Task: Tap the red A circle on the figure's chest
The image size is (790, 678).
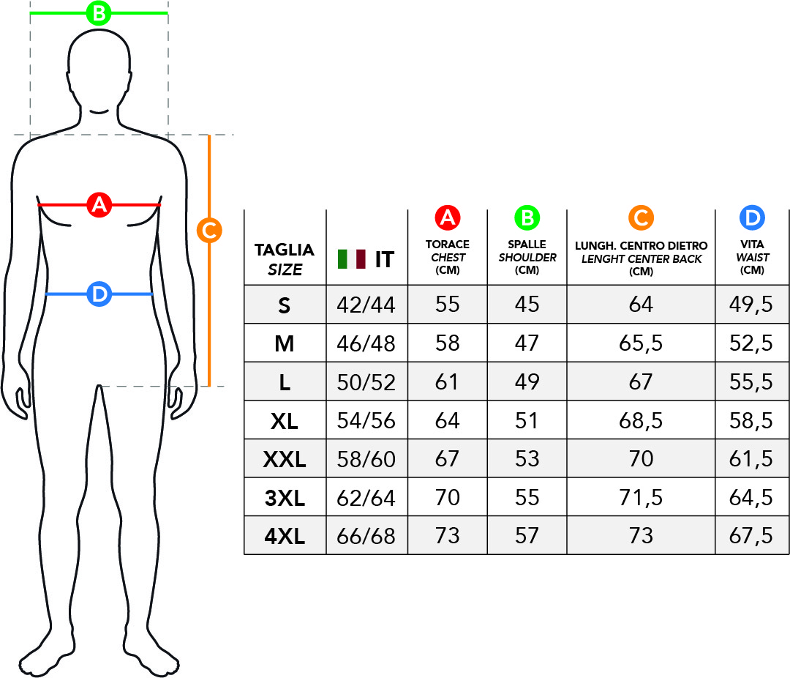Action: pyautogui.click(x=99, y=205)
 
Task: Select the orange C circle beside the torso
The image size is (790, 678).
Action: pyautogui.click(x=209, y=231)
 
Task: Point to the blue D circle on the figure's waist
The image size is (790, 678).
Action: pyautogui.click(x=99, y=294)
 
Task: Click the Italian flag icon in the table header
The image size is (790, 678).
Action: pyautogui.click(x=352, y=258)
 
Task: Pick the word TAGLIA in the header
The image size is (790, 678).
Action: pyautogui.click(x=285, y=250)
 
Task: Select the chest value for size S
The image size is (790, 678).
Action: pyautogui.click(x=447, y=305)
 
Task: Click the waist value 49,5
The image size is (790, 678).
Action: pyautogui.click(x=751, y=305)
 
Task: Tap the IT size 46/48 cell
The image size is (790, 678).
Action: pyautogui.click(x=366, y=343)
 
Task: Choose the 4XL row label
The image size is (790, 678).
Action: pyautogui.click(x=285, y=537)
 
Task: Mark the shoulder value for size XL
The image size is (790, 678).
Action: pyautogui.click(x=527, y=421)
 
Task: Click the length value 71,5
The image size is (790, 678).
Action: pyautogui.click(x=641, y=498)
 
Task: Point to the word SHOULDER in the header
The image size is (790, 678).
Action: pyautogui.click(x=527, y=258)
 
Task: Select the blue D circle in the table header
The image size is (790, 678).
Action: pyautogui.click(x=752, y=217)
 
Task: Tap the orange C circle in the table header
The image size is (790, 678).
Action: pyautogui.click(x=641, y=217)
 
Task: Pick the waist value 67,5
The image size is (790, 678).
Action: pyautogui.click(x=751, y=537)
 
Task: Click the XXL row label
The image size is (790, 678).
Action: pyautogui.click(x=285, y=460)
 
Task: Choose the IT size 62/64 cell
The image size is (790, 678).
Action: pyautogui.click(x=366, y=498)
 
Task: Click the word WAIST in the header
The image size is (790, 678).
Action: pyautogui.click(x=752, y=258)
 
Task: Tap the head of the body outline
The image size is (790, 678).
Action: pyautogui.click(x=99, y=70)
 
